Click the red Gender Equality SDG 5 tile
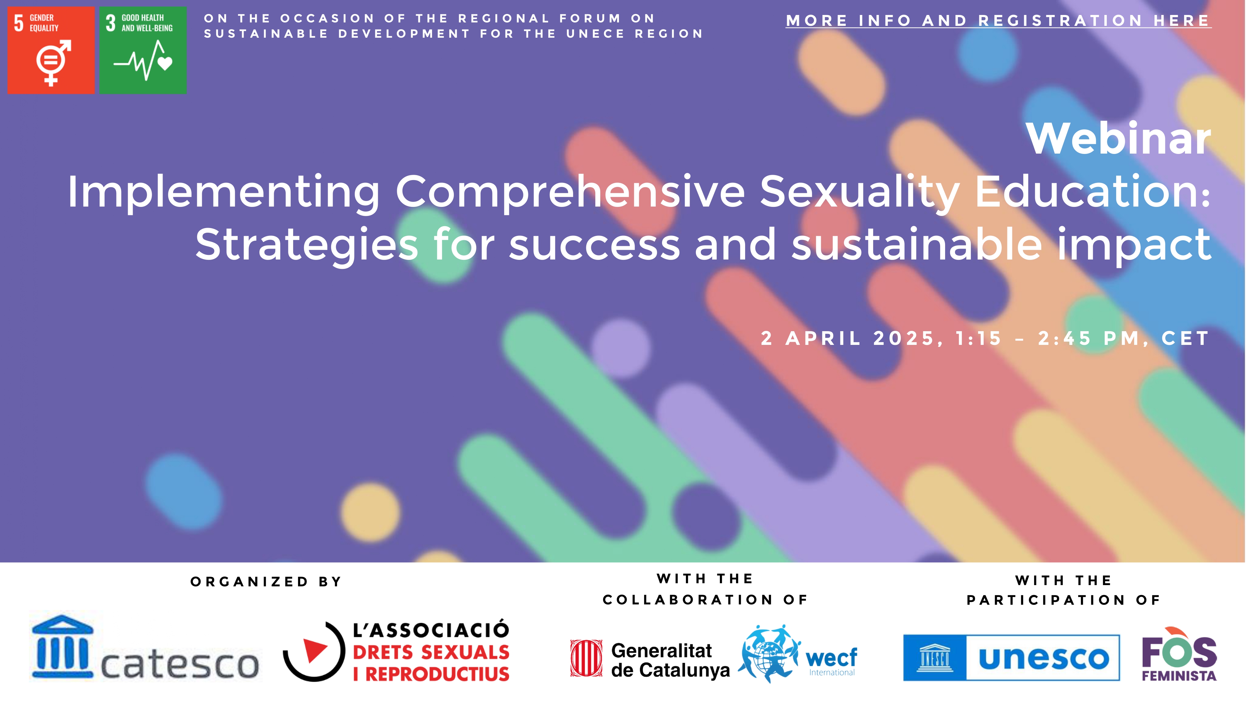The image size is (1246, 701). click(x=51, y=50)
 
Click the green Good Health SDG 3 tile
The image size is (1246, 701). click(x=143, y=50)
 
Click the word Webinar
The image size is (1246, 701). click(x=1118, y=139)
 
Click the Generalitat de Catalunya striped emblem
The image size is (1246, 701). click(x=586, y=658)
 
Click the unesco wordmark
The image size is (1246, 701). click(x=1044, y=658)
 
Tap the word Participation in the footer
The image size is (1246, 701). click(x=1046, y=600)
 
